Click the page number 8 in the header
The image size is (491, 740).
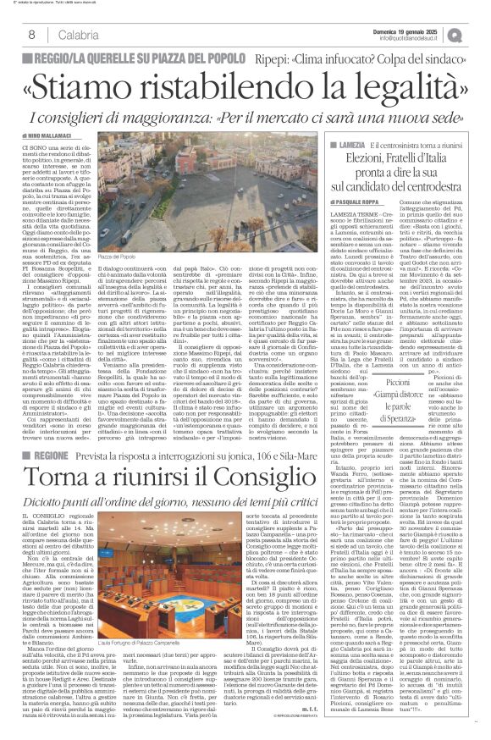coord(30,34)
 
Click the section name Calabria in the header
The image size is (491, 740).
coord(68,34)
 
